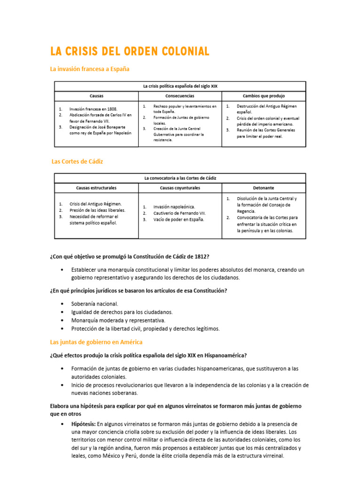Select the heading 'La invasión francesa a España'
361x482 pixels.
89,69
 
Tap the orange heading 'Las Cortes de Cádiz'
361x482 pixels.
77,161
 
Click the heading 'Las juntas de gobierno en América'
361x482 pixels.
96,342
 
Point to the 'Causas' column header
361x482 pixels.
96,96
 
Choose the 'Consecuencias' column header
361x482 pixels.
180,96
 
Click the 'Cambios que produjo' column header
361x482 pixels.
264,96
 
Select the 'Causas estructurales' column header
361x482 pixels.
96,187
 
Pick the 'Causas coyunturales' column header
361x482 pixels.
180,187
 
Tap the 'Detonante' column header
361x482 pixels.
264,187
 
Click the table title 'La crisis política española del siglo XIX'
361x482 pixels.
180,86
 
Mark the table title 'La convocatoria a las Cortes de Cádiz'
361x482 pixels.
180,178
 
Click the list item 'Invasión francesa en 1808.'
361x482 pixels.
93,109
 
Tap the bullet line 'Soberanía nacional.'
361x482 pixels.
95,304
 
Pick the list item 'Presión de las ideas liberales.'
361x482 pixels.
97,210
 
